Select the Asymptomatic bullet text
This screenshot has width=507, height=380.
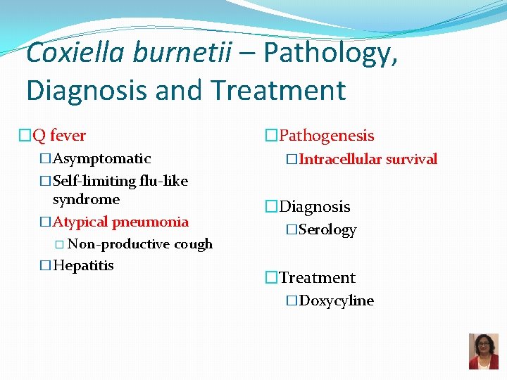(101, 158)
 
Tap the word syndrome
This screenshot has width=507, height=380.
(86, 199)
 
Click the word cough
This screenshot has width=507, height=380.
(194, 244)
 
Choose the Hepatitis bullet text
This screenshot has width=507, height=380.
(83, 265)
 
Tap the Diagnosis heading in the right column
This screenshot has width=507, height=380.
(314, 206)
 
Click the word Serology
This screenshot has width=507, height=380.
(327, 230)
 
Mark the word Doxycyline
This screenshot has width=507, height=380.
(336, 300)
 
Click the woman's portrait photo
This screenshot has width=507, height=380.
(483, 351)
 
